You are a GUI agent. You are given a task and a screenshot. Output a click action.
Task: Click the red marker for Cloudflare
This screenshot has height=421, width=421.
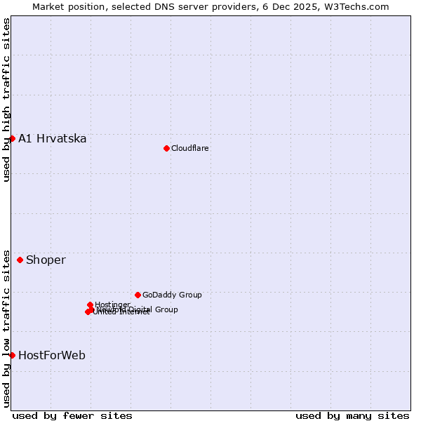tap(166, 148)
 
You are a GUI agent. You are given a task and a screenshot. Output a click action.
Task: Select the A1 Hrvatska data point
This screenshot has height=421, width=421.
tap(12, 138)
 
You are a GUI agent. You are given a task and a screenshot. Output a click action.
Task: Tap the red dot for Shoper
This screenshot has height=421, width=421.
tap(20, 260)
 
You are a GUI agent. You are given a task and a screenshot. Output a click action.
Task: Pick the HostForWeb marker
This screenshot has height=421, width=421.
tap(12, 355)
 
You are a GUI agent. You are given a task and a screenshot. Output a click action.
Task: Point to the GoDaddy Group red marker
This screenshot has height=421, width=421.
tap(138, 295)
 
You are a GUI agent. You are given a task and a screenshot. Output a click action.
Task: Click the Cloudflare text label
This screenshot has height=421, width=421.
tap(190, 148)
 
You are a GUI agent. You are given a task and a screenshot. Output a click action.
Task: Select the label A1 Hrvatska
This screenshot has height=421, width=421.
tap(53, 138)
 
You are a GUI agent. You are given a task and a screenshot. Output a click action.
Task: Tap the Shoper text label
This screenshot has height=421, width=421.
tap(46, 260)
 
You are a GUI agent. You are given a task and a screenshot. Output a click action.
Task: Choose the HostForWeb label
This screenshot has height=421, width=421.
tap(52, 355)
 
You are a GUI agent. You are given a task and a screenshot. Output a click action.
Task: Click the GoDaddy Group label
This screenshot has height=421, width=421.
tap(172, 295)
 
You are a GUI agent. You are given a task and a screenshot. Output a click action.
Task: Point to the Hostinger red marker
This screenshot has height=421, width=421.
tap(91, 305)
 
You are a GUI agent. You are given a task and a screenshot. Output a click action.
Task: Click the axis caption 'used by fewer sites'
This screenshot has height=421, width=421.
tap(72, 415)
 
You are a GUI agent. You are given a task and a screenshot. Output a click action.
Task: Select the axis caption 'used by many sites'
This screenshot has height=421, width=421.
tap(352, 415)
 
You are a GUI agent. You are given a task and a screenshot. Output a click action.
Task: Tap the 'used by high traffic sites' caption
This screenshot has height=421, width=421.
tap(6, 100)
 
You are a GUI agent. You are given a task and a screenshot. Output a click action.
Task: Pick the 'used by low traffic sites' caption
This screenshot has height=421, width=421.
tap(6, 328)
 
